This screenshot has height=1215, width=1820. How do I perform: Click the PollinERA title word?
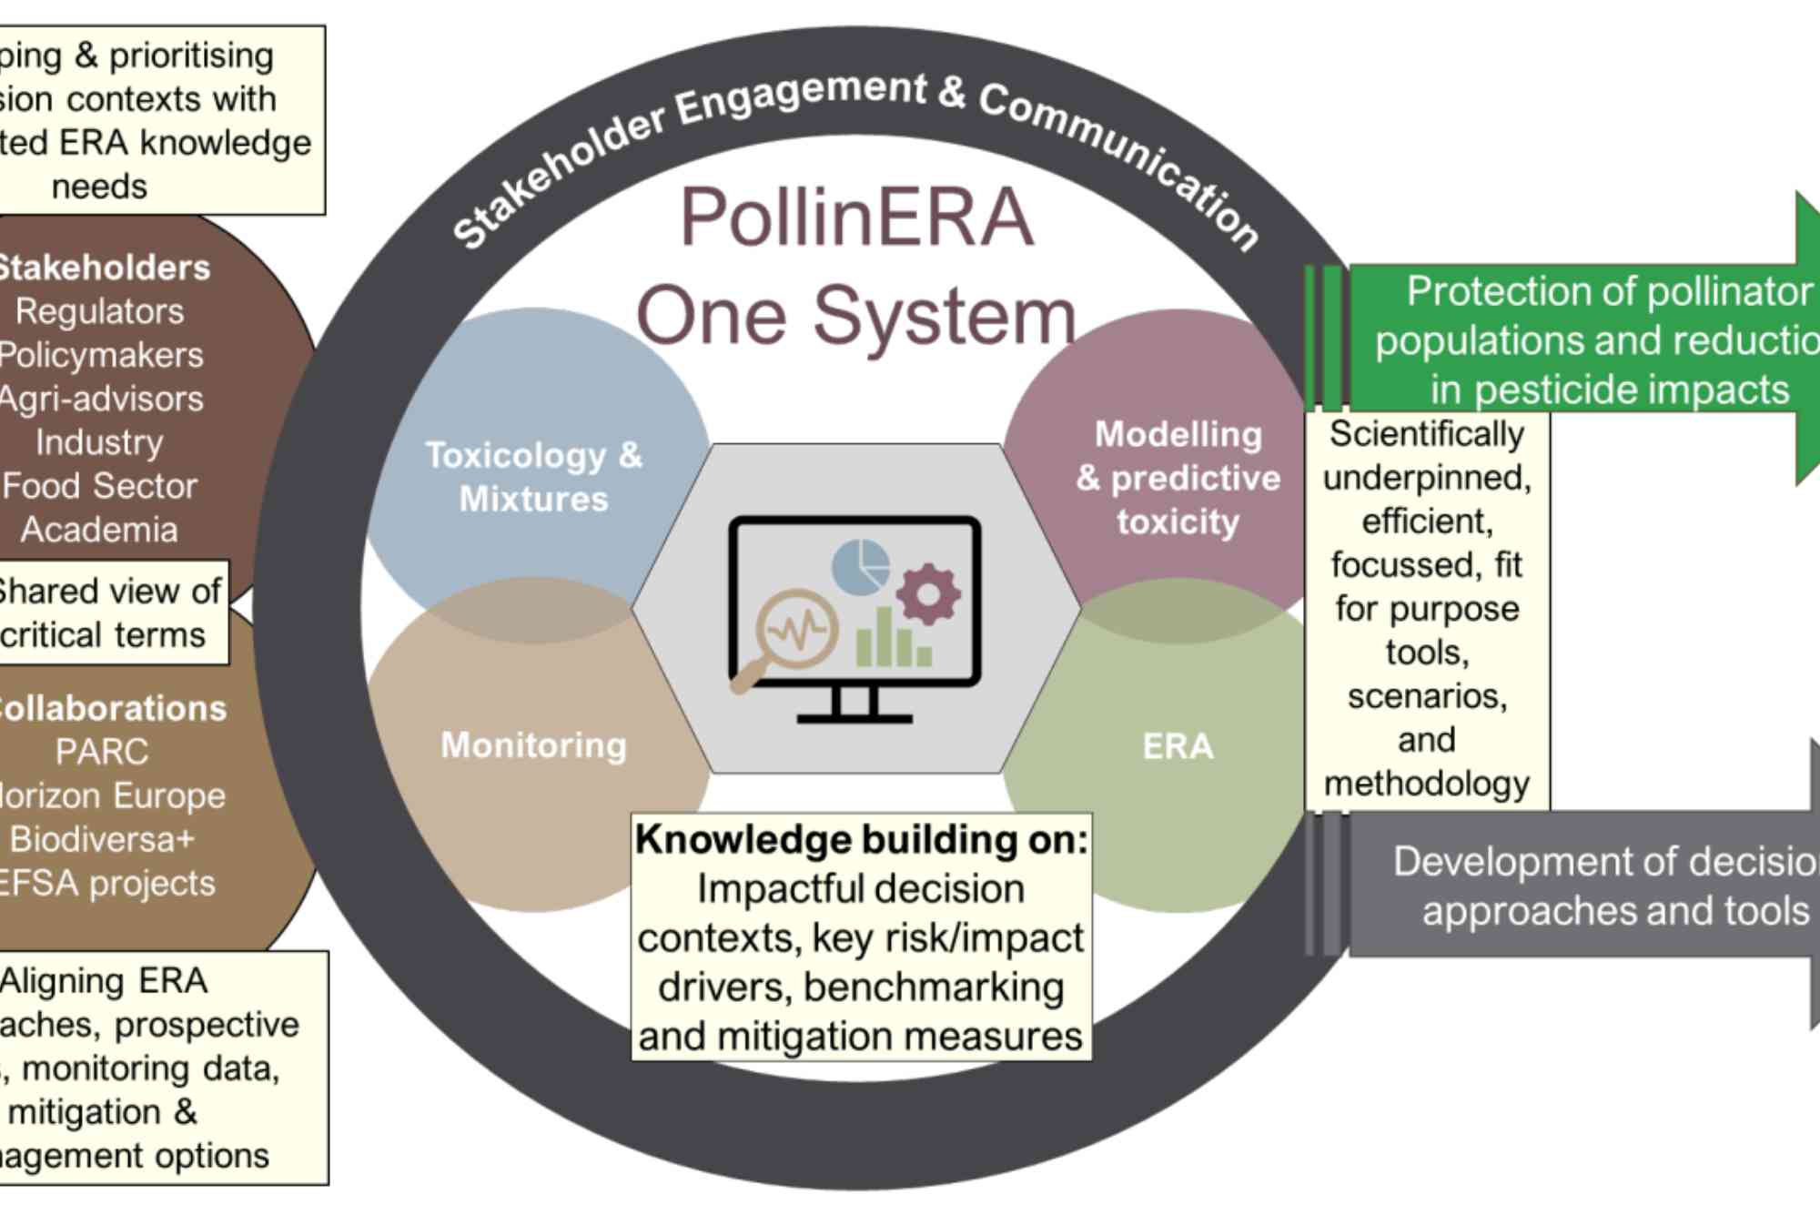tap(856, 218)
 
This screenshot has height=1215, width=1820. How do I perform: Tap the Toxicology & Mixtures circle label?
tap(534, 477)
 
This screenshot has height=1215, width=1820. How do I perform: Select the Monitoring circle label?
tap(534, 745)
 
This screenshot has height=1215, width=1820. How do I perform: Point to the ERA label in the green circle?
tap(1178, 746)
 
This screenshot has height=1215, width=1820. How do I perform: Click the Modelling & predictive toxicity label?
tap(1178, 478)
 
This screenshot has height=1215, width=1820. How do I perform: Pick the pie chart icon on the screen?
tap(861, 566)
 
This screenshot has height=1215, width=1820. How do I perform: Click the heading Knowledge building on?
tap(861, 839)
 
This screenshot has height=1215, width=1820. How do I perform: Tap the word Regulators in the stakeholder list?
tap(100, 311)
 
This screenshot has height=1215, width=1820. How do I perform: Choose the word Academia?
tap(100, 530)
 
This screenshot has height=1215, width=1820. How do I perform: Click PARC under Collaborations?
tap(102, 752)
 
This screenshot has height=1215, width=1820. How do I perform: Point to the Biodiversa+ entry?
tap(102, 839)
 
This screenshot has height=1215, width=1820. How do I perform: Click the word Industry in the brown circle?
tap(100, 442)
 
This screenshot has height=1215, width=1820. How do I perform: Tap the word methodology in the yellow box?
tap(1427, 784)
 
